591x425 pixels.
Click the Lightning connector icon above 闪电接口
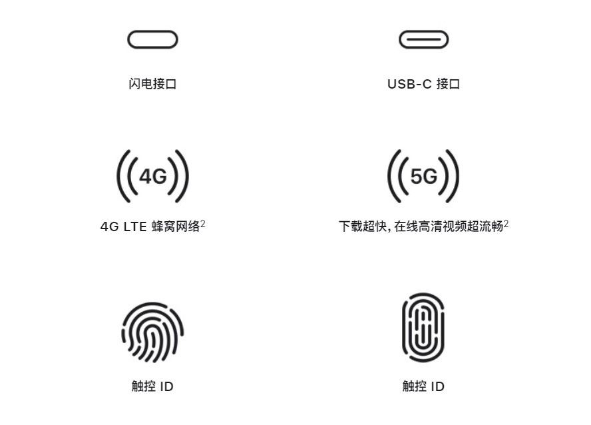click(x=152, y=31)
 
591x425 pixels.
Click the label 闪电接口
click(x=152, y=84)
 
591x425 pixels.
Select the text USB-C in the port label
click(x=409, y=84)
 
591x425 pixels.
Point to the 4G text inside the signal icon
click(x=152, y=176)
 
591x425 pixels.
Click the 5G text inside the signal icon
click(x=424, y=176)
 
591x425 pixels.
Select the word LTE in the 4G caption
click(x=135, y=226)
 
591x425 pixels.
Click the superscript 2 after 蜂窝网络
click(x=203, y=224)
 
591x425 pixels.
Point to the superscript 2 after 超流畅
click(x=506, y=224)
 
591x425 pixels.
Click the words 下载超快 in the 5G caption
click(x=363, y=226)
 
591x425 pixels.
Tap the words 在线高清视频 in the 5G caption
click(x=430, y=226)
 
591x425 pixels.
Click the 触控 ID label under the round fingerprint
click(x=152, y=386)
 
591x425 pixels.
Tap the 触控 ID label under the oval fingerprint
click(x=423, y=386)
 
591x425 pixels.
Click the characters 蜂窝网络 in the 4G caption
click(x=176, y=226)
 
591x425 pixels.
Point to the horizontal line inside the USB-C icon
click(x=424, y=39)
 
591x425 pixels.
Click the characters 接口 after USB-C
click(x=448, y=84)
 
